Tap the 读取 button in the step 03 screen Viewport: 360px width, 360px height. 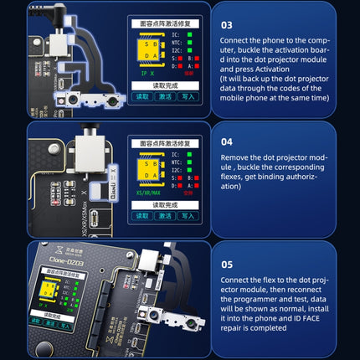[143, 97]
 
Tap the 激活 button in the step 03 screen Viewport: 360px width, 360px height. [167, 97]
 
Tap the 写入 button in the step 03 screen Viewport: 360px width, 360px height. [190, 97]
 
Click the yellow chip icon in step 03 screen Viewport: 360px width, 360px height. [147, 50]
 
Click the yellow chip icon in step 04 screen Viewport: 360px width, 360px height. [147, 170]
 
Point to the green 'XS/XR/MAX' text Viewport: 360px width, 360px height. [147, 192]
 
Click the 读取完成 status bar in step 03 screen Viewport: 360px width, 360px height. [166, 85]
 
